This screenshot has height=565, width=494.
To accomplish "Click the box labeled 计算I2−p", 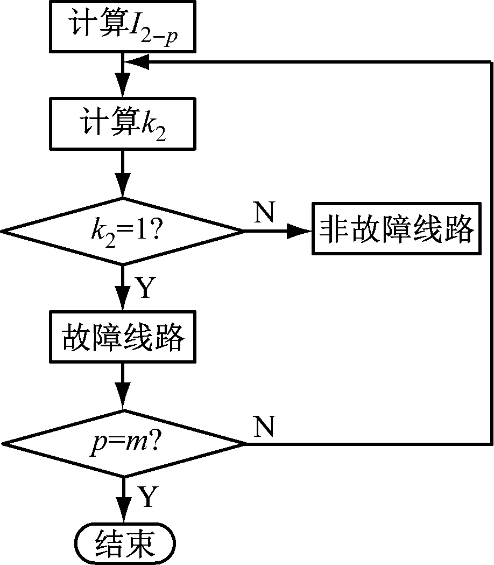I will click(123, 25).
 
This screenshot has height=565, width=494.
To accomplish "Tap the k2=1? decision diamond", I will click(123, 232).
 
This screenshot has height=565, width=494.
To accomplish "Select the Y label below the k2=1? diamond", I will click(146, 289).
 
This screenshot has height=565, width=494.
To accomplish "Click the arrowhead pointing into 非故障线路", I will click(300, 232).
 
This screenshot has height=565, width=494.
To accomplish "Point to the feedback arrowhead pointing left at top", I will click(137, 62).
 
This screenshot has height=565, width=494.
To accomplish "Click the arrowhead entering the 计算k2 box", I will click(123, 88).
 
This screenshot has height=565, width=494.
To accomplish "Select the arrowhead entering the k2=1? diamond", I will click(123, 189).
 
